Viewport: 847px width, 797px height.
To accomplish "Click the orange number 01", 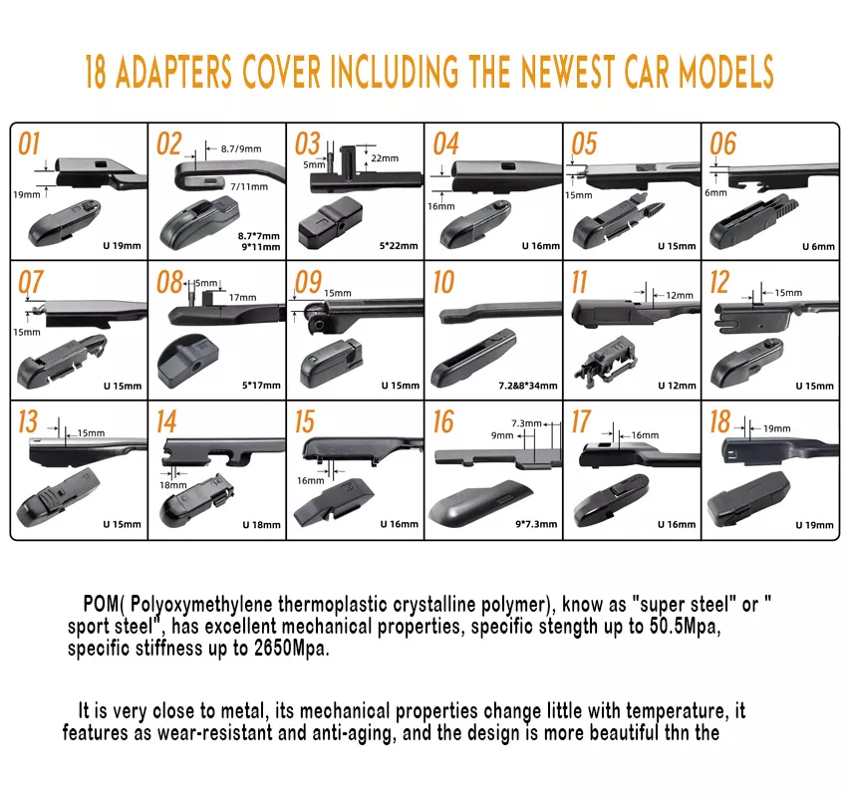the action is [29, 143].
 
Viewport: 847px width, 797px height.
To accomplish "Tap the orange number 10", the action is [443, 282].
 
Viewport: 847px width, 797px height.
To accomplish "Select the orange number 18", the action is [720, 421].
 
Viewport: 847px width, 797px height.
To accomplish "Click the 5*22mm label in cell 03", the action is [399, 246].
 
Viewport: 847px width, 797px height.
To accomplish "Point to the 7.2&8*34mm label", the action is [528, 386].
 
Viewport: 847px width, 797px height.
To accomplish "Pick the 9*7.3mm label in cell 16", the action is [536, 524].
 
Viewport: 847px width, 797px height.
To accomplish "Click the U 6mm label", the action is [818, 246].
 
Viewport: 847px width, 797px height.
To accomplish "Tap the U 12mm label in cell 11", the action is [677, 386].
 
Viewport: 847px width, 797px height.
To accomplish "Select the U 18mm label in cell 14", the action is [261, 524].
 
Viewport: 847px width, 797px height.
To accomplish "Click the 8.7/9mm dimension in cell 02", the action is [241, 149].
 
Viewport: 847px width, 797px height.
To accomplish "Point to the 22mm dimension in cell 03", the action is [385, 158].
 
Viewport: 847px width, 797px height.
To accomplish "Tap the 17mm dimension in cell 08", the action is [242, 298].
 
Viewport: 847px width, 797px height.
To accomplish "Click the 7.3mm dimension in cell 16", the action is [526, 423].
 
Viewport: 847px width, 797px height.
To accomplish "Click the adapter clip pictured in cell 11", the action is [606, 361].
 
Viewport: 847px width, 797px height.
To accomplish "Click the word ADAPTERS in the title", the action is [173, 72].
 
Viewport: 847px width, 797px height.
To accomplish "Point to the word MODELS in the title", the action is [726, 72].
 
